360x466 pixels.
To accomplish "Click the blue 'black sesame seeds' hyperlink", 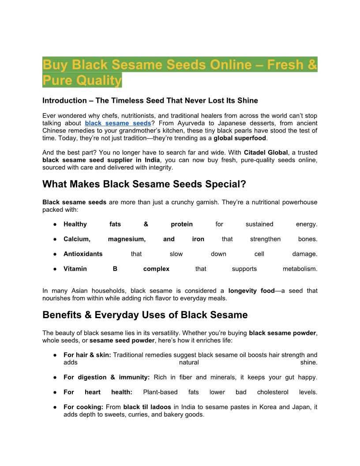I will click(118, 123).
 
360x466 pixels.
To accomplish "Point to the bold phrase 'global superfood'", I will click(240, 138).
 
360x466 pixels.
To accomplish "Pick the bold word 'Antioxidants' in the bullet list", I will click(83, 254).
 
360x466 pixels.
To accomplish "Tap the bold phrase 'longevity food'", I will click(251, 291).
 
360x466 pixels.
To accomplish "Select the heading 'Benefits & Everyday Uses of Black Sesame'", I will click(145, 315).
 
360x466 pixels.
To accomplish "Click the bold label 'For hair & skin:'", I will click(87, 355).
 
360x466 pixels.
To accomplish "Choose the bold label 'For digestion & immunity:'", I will click(106, 377).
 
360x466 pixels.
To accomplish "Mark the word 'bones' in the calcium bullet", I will click(307, 239).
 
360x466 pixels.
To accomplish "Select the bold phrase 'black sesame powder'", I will click(282, 333).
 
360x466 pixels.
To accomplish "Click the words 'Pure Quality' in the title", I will click(82, 80).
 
